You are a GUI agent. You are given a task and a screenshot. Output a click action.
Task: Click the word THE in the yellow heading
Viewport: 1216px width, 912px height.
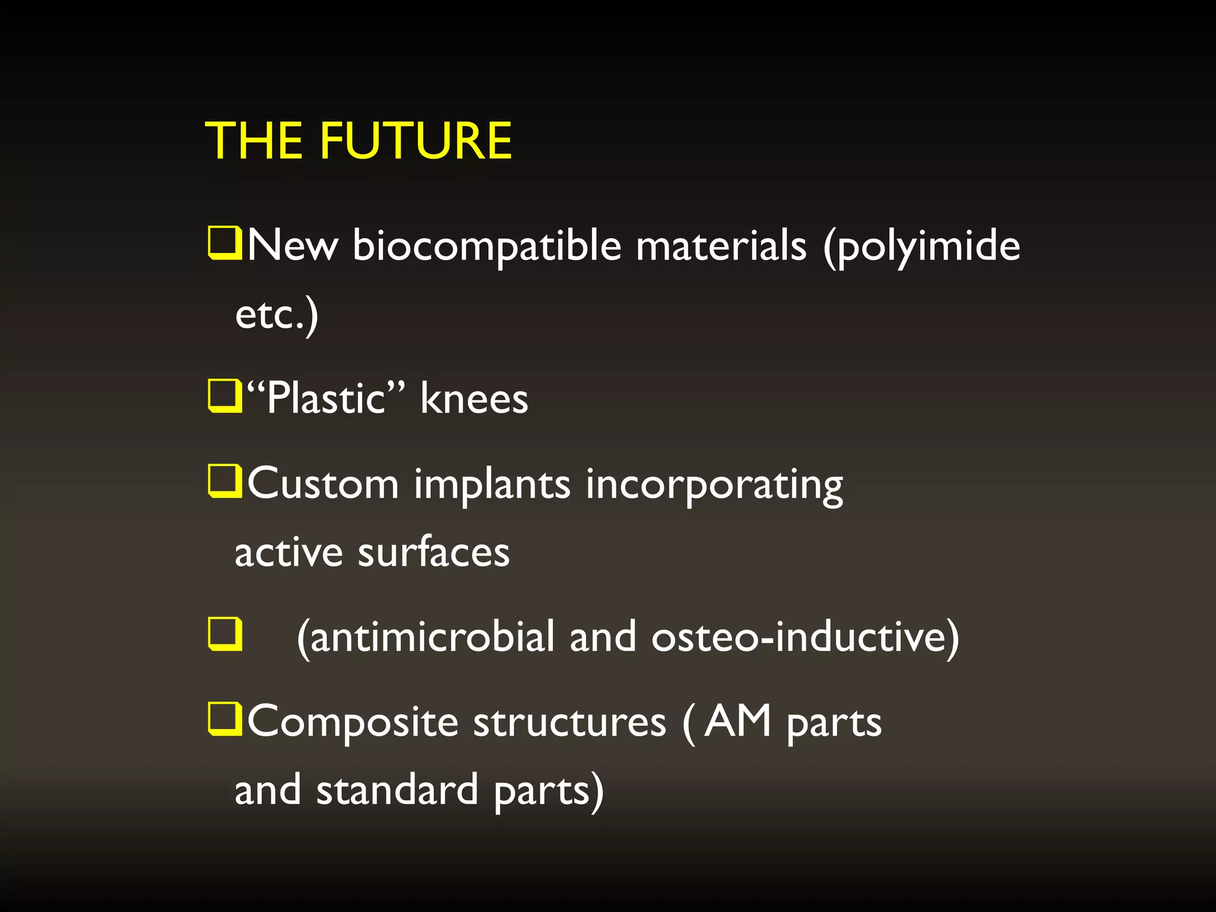point(254,141)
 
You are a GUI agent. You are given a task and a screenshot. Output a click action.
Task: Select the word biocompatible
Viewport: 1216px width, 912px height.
point(487,246)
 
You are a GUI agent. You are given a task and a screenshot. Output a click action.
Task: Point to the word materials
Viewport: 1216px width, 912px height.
point(721,245)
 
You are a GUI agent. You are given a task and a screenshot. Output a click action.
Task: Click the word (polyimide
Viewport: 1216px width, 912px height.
point(921,246)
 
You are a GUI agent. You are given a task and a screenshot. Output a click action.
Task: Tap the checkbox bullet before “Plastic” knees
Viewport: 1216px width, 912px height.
point(225,396)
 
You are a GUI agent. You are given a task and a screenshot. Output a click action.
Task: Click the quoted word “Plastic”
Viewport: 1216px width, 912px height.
point(326,398)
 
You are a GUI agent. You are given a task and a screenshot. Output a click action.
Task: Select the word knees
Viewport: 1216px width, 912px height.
point(474,398)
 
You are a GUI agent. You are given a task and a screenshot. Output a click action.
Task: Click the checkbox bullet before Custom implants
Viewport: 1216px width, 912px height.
point(225,482)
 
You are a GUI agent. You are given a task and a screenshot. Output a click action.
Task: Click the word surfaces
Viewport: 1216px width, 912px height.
point(433,552)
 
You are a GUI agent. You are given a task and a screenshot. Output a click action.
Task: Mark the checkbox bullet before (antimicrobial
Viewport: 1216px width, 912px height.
point(225,634)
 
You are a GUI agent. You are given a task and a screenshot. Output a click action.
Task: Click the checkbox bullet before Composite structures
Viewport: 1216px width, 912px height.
point(225,719)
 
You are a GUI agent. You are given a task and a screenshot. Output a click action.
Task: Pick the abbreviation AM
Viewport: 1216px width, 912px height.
point(737,721)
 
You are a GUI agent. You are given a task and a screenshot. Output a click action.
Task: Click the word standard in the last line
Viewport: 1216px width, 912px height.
point(397,790)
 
